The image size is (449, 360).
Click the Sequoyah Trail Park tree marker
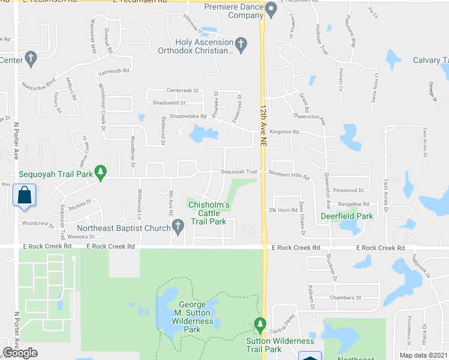point(101,172)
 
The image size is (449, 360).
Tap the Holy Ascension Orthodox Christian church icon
point(241,43)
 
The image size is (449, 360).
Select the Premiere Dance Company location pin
point(271,10)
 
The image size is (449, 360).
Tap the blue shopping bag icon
point(24,196)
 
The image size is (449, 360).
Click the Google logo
point(20,353)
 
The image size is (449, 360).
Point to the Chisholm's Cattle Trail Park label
point(209,213)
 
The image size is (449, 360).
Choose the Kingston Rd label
point(284,131)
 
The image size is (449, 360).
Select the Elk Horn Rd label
point(279,210)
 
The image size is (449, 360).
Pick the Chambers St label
point(345,297)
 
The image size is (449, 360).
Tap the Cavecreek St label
point(182,91)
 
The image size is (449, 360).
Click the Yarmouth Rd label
point(114,71)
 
